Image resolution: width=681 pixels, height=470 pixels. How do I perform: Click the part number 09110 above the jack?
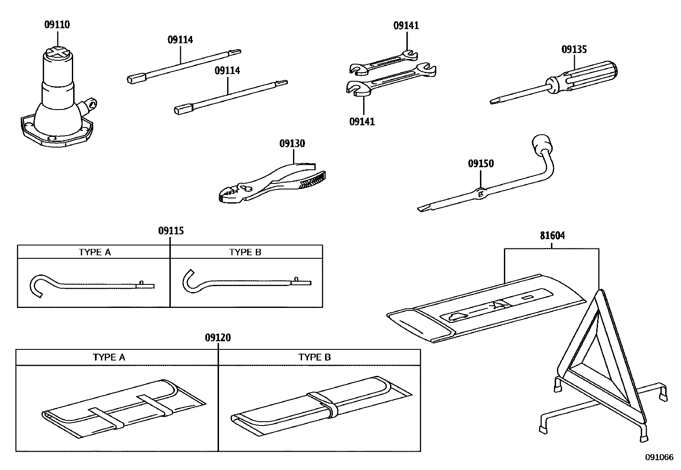(x=57, y=25)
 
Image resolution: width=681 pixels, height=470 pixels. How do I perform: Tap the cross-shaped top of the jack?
(x=57, y=52)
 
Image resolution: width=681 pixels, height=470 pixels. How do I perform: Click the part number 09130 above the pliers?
(x=292, y=144)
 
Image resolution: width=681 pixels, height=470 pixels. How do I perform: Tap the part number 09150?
(x=480, y=164)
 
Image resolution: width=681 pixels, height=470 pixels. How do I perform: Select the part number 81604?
(x=552, y=236)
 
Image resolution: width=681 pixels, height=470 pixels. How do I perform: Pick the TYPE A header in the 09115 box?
(x=95, y=252)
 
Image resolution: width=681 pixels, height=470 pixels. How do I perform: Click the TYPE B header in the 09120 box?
(x=314, y=358)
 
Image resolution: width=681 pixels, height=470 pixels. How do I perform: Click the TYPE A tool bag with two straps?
(x=124, y=408)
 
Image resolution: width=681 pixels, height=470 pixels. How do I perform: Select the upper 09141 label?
(x=406, y=26)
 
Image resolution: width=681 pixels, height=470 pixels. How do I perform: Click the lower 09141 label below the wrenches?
(x=362, y=122)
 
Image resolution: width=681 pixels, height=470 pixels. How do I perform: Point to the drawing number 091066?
(x=659, y=457)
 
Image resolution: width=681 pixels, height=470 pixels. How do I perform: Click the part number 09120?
(x=217, y=338)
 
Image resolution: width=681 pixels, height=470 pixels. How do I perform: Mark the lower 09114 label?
(x=227, y=71)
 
